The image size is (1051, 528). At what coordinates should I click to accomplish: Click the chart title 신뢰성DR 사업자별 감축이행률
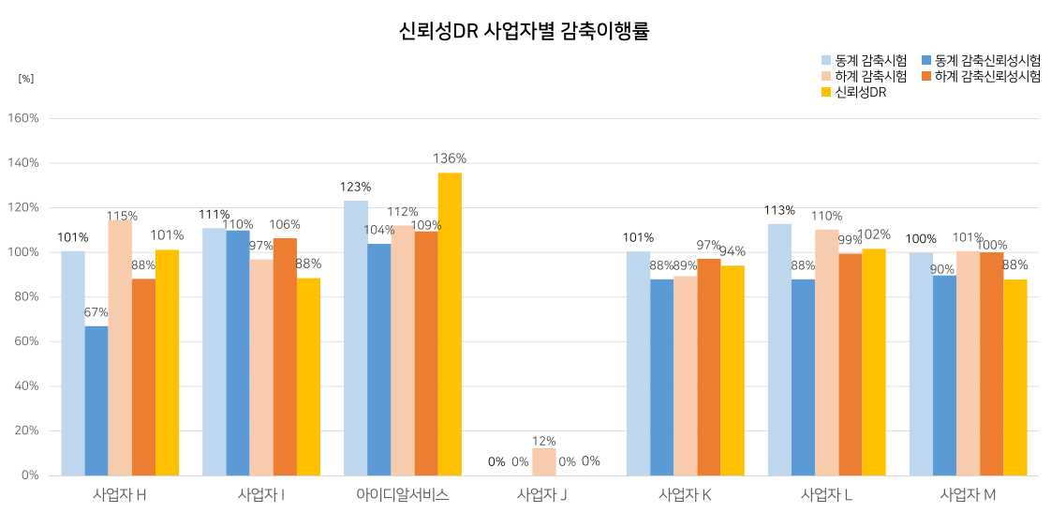coord(525,31)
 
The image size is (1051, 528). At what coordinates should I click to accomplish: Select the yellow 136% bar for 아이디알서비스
coord(450,324)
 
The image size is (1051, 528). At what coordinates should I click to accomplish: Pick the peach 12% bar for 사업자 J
coord(544,461)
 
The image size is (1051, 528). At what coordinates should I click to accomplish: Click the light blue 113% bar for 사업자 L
coord(779,349)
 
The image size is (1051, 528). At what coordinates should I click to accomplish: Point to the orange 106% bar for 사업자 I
coord(285,356)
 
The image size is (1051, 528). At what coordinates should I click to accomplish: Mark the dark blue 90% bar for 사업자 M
coord(944,375)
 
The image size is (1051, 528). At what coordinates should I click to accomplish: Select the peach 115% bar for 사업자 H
coord(120,347)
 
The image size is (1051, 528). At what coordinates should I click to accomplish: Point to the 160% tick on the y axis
coord(23,118)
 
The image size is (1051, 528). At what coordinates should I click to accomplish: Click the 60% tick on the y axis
coord(26,341)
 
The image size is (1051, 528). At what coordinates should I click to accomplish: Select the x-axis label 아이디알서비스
coord(403,494)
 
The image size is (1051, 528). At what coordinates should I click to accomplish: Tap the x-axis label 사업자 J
coord(542,494)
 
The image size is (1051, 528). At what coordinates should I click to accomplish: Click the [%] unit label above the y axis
coord(26,78)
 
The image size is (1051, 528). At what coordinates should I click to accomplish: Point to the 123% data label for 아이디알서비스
coord(356,187)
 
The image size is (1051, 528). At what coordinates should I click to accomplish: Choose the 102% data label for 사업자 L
coord(874,234)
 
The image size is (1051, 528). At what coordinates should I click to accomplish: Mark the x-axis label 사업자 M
coord(968,494)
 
